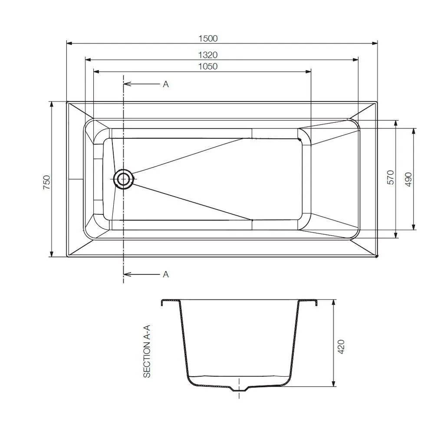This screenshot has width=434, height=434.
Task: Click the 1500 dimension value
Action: coord(208,38)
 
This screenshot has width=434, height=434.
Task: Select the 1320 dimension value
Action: coord(208,55)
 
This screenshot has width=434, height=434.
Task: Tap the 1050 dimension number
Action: coord(208,66)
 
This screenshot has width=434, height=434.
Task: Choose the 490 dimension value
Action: coord(408,178)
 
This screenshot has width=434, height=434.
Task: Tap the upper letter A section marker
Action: coord(165,84)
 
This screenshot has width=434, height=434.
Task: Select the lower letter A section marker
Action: coord(165,274)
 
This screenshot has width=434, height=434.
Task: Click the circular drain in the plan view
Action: coord(123,179)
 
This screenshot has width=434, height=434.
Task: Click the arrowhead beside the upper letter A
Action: coord(127,84)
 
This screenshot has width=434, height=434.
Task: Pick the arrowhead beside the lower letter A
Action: coord(127,274)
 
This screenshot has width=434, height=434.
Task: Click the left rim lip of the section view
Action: coord(163,302)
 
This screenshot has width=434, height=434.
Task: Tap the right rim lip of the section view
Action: coord(316,302)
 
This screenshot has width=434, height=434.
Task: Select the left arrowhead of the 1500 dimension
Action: coord(69,43)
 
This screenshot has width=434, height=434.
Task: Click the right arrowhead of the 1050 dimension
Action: coord(309,71)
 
